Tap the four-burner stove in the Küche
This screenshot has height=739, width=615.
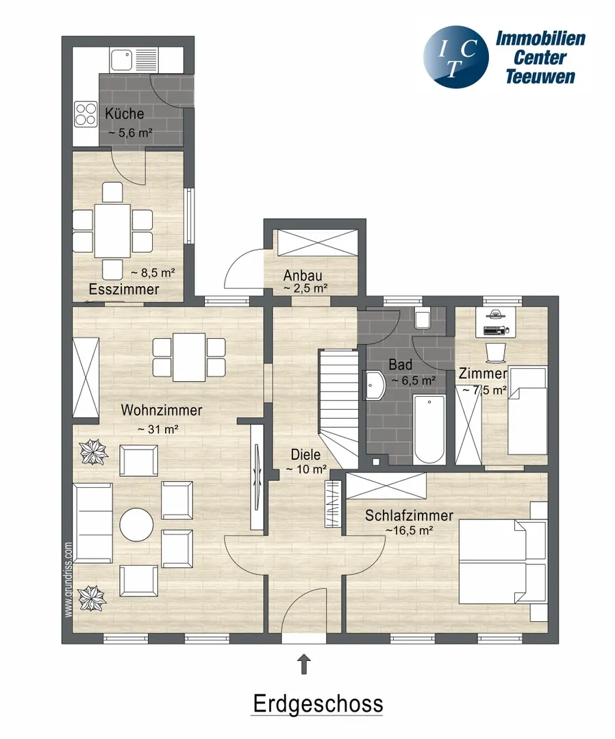coord(86,114)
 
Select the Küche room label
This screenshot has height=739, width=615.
coord(125,114)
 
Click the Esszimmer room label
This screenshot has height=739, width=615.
coord(124,289)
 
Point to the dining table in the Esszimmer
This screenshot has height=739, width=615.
coord(112,231)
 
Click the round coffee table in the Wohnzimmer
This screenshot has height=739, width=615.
coord(136,525)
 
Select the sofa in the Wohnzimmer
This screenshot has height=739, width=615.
coord(93,523)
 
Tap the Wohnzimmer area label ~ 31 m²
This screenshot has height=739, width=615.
coord(158,429)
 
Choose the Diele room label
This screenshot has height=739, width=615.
coord(305,454)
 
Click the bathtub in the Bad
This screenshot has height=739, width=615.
coord(429,430)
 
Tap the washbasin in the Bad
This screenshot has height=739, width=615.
coord(375,385)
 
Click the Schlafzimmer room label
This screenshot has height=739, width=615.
coord(409,515)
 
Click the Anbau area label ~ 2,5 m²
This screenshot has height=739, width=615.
coord(305,288)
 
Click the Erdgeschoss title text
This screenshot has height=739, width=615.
coord(318,703)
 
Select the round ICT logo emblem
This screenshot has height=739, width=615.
coord(455,57)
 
